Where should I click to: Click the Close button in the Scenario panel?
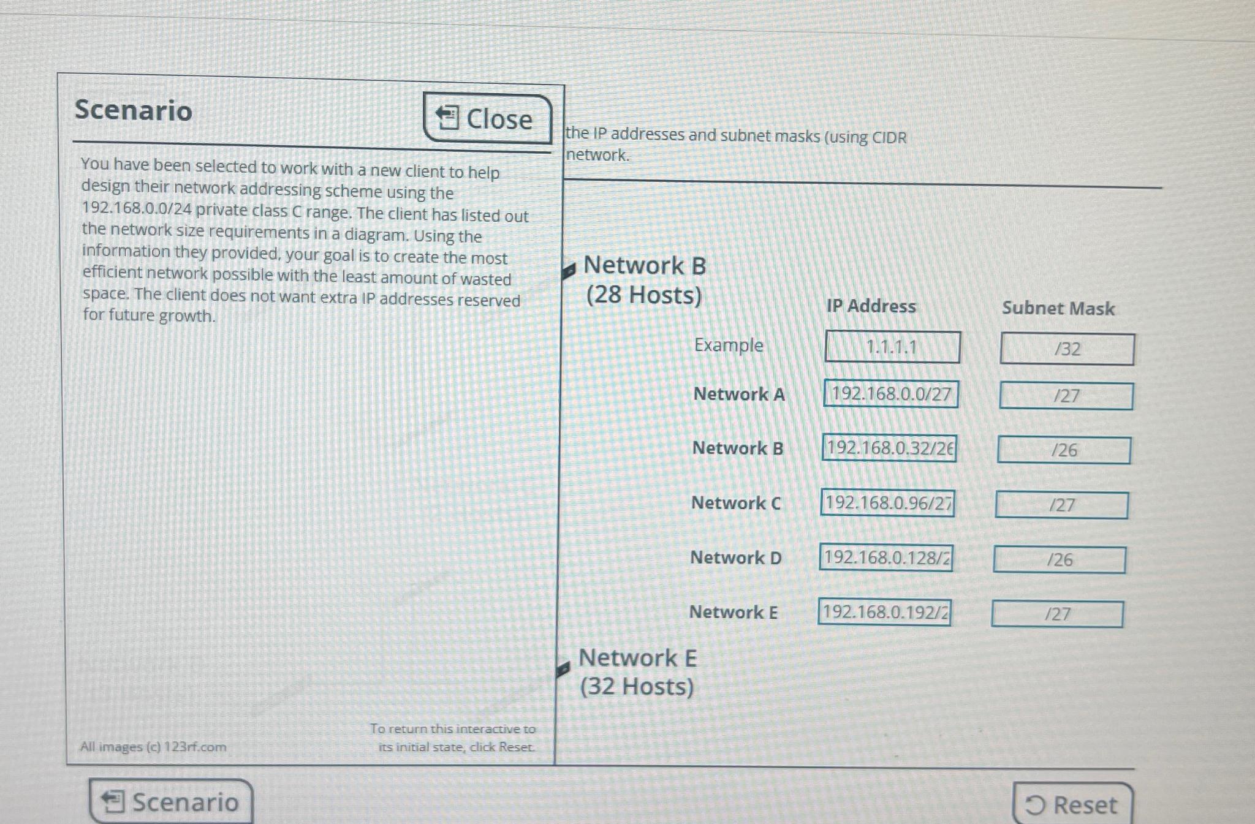[487, 118]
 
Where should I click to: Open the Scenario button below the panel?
[171, 801]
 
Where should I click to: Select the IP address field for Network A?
[891, 394]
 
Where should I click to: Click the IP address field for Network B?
[889, 448]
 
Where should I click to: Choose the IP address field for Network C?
[887, 503]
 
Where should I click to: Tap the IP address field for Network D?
[886, 558]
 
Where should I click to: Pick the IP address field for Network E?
[884, 612]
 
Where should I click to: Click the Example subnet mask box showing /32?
[1067, 349]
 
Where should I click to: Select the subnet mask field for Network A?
[1066, 396]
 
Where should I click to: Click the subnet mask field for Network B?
[1064, 450]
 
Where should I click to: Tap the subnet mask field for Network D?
[1060, 559]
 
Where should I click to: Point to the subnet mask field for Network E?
[1057, 614]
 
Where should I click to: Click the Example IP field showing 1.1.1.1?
[892, 347]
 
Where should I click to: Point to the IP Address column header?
[871, 306]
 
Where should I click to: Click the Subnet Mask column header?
[1058, 308]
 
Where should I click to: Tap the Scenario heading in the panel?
[134, 110]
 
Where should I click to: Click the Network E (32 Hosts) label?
[637, 672]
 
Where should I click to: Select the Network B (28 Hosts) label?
[644, 280]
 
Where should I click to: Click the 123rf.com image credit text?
[153, 747]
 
